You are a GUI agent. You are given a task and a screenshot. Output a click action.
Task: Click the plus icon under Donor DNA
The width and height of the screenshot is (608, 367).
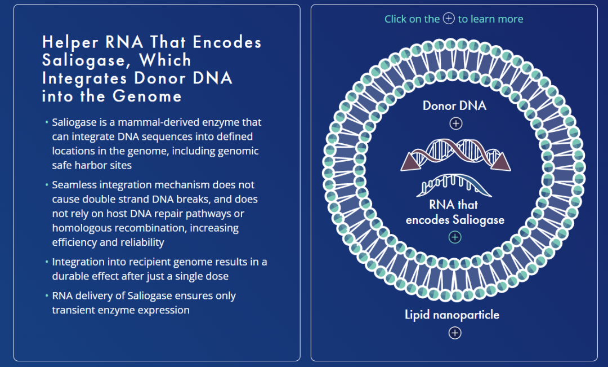pyautogui.click(x=455, y=123)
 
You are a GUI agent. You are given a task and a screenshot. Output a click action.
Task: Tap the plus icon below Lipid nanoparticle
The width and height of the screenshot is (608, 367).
pyautogui.click(x=455, y=333)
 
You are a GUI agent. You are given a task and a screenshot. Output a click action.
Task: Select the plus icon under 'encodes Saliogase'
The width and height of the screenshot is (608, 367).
pyautogui.click(x=455, y=237)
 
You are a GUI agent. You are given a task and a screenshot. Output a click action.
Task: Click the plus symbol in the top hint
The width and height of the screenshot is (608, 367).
pyautogui.click(x=449, y=19)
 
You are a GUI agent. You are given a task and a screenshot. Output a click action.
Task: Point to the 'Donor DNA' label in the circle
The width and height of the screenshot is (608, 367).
pyautogui.click(x=454, y=106)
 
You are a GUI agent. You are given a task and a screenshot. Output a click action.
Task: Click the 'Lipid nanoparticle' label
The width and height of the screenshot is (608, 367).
pyautogui.click(x=452, y=315)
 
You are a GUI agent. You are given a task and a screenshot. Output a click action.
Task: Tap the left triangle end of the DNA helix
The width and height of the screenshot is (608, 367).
pyautogui.click(x=410, y=162)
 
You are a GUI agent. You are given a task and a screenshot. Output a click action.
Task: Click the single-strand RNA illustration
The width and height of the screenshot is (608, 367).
pyautogui.click(x=454, y=185)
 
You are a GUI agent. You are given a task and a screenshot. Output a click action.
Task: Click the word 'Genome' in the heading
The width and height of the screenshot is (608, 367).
pyautogui.click(x=147, y=96)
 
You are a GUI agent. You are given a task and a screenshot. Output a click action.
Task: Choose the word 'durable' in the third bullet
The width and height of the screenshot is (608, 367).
pyautogui.click(x=74, y=277)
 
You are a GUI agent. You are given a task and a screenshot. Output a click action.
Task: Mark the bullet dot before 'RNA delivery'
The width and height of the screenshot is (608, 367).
pyautogui.click(x=47, y=296)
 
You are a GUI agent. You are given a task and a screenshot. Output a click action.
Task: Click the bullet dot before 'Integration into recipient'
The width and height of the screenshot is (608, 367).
pyautogui.click(x=47, y=262)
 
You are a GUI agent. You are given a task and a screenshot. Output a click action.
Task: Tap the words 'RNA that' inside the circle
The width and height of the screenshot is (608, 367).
pyautogui.click(x=454, y=205)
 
